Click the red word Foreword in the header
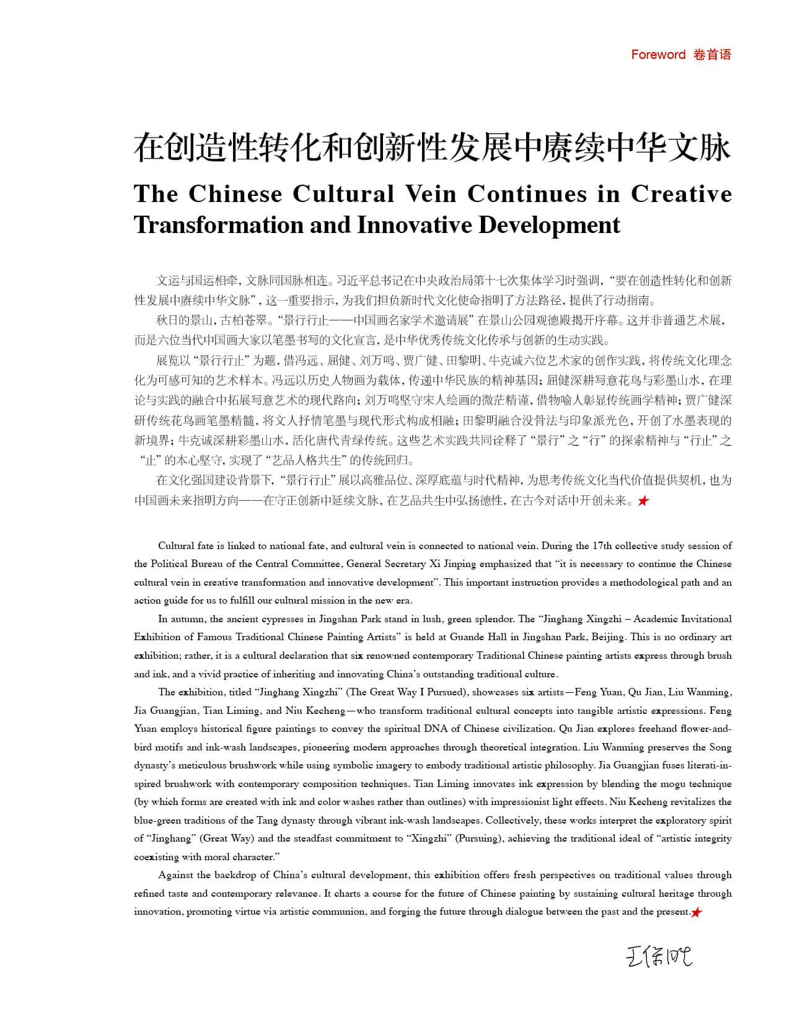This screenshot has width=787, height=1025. (x=658, y=55)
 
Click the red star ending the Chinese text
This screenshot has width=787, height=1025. (x=643, y=501)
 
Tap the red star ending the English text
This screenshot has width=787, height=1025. (x=697, y=912)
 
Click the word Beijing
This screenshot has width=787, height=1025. (x=608, y=637)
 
